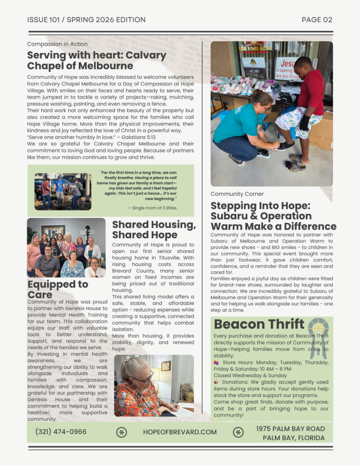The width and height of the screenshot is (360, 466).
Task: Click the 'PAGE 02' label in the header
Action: point(317,20)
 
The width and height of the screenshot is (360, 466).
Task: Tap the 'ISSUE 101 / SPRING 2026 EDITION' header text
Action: point(86,20)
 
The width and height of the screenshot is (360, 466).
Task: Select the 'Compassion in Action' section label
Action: point(57,44)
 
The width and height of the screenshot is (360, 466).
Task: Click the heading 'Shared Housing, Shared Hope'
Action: point(154,230)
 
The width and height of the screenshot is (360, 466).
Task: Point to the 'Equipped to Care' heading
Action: point(58,289)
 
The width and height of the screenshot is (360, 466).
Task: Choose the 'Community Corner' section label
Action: point(237,194)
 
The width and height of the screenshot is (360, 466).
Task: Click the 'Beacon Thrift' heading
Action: point(259,324)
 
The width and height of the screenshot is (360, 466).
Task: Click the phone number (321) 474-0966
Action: point(61,432)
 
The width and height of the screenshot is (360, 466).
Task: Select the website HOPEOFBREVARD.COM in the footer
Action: point(180,432)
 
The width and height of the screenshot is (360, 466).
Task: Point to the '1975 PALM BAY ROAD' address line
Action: point(290,429)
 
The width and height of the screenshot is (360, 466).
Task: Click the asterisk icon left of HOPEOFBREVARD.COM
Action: point(122,432)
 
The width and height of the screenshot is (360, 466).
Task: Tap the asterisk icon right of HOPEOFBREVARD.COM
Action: point(238,432)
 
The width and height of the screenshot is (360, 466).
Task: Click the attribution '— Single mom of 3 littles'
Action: point(152,208)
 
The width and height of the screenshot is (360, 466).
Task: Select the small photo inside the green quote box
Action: point(62,191)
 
